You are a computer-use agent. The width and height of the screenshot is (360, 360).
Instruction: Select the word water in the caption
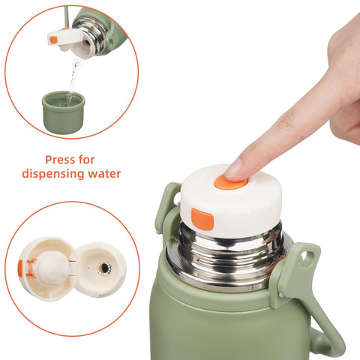point(103,174)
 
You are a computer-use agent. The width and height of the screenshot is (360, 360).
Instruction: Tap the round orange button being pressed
point(230,181)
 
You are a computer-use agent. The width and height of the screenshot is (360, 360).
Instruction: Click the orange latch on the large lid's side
point(202,218)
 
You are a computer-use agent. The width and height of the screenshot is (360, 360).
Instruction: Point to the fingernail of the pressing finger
point(235,168)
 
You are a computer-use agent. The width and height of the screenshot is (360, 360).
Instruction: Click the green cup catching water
point(64,110)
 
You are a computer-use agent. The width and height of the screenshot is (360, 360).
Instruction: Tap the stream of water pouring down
point(73,75)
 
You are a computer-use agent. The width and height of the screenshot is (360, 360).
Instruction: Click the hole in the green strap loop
point(306,257)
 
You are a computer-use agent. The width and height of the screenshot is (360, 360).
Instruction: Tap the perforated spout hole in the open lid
point(103,268)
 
